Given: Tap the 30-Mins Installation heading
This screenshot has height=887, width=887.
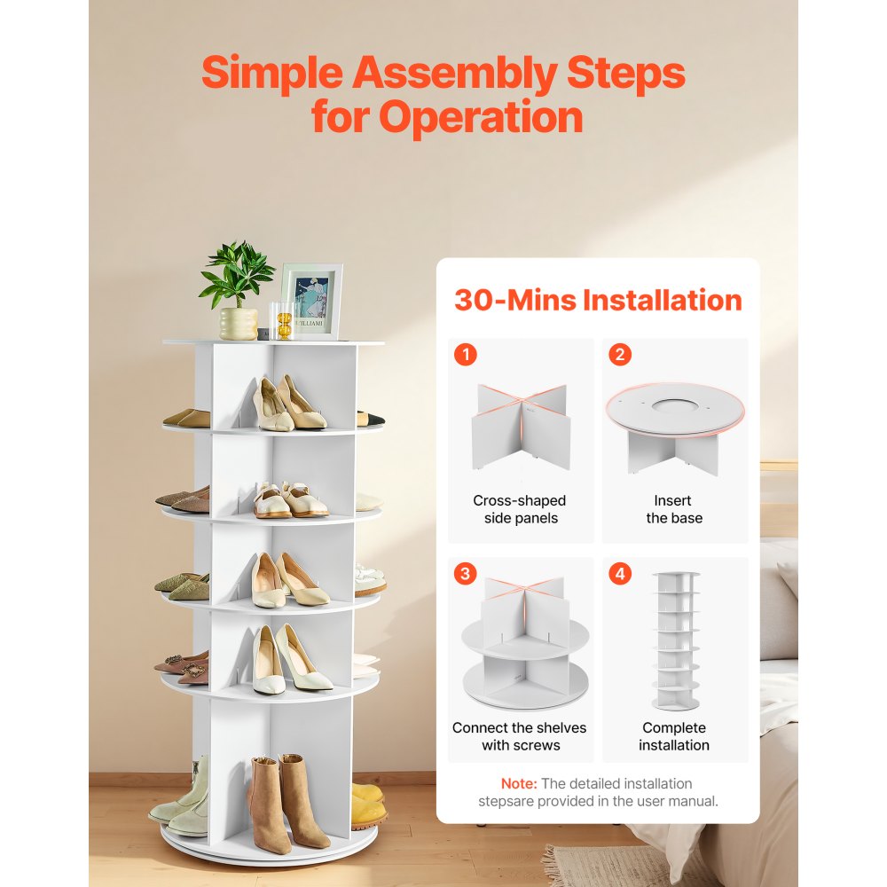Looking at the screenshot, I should click(598, 300).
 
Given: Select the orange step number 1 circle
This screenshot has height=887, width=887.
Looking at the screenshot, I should click(466, 355).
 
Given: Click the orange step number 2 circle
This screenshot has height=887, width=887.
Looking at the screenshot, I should click(619, 355).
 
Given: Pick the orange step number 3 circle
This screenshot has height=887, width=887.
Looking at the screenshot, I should click(466, 574).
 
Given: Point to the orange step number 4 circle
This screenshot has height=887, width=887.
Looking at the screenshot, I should click(619, 574).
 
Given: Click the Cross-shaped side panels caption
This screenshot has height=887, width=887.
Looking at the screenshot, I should click(520, 509).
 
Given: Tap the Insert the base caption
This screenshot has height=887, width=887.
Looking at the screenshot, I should click(673, 509).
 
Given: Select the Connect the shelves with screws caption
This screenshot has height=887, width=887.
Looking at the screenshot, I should click(520, 736).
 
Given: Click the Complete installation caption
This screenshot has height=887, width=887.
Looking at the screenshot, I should click(673, 736).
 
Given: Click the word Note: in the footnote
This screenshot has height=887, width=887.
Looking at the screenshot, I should click(519, 784).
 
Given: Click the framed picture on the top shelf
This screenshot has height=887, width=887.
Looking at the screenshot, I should click(310, 302).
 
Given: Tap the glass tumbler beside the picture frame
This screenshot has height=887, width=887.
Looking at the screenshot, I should click(282, 320).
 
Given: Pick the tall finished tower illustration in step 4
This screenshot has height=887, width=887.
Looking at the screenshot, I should click(675, 640).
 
